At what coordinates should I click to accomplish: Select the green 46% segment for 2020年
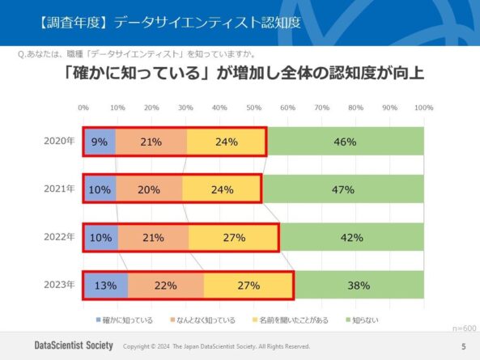click(x=345, y=142)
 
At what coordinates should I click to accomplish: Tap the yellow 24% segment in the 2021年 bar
click(x=222, y=189)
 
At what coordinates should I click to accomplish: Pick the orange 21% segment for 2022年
click(x=153, y=237)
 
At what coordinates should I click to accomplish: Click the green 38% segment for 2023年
click(x=359, y=285)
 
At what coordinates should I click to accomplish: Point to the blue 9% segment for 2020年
click(x=99, y=142)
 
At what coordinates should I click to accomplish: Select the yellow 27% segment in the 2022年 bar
click(x=234, y=237)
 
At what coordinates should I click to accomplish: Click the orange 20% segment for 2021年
click(x=150, y=189)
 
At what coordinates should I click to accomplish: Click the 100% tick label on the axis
click(x=423, y=108)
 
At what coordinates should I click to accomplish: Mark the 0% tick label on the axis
click(x=83, y=108)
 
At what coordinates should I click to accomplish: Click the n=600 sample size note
click(x=464, y=329)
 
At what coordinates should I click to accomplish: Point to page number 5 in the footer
click(x=463, y=346)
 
